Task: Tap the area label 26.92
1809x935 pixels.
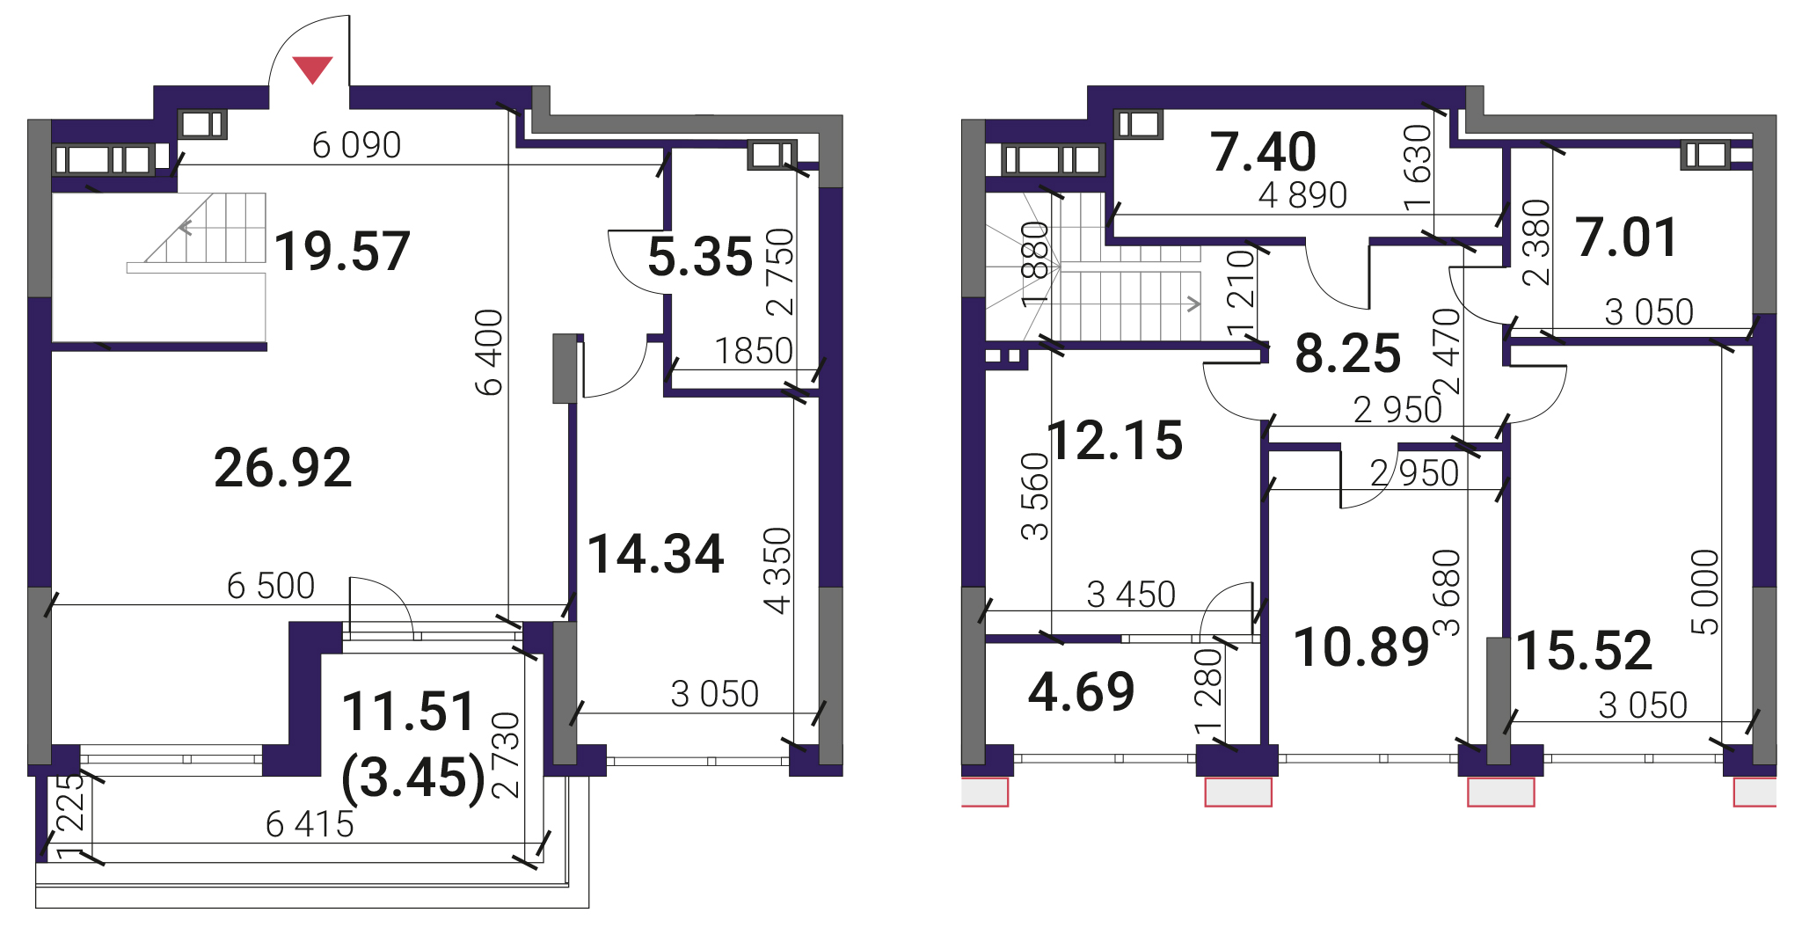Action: (x=282, y=467)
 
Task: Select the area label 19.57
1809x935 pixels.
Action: (x=342, y=251)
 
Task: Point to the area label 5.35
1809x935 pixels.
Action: (x=700, y=257)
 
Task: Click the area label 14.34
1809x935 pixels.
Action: (x=656, y=554)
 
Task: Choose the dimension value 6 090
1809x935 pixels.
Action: (x=356, y=145)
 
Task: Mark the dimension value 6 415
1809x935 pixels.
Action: (x=310, y=824)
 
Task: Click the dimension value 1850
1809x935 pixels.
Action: (x=754, y=351)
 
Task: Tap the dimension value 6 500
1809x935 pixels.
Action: (x=271, y=586)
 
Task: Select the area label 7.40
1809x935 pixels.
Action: (x=1263, y=151)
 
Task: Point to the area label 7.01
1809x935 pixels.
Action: (x=1627, y=237)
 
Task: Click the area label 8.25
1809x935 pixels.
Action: (x=1348, y=354)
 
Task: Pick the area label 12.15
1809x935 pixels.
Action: (x=1116, y=440)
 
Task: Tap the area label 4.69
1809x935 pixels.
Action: (x=1082, y=691)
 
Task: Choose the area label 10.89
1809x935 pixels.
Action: (x=1362, y=647)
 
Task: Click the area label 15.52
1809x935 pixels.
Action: (x=1585, y=651)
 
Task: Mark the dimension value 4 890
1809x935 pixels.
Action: (x=1302, y=195)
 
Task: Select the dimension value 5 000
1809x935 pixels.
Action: (x=1704, y=592)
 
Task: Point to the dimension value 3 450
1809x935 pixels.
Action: (x=1131, y=595)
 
